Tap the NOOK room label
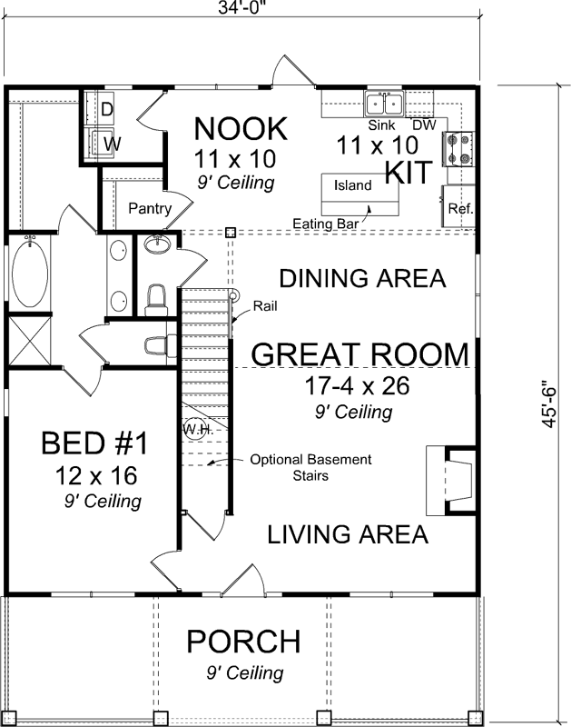coord(241,128)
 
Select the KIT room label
coord(406,172)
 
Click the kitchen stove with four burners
coord(456,148)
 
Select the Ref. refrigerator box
coord(458,208)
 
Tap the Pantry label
coord(150,209)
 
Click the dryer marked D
coord(106,109)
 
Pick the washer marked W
coord(109,143)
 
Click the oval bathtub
coord(29,273)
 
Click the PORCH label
coord(242,642)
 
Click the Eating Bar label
coord(324,222)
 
